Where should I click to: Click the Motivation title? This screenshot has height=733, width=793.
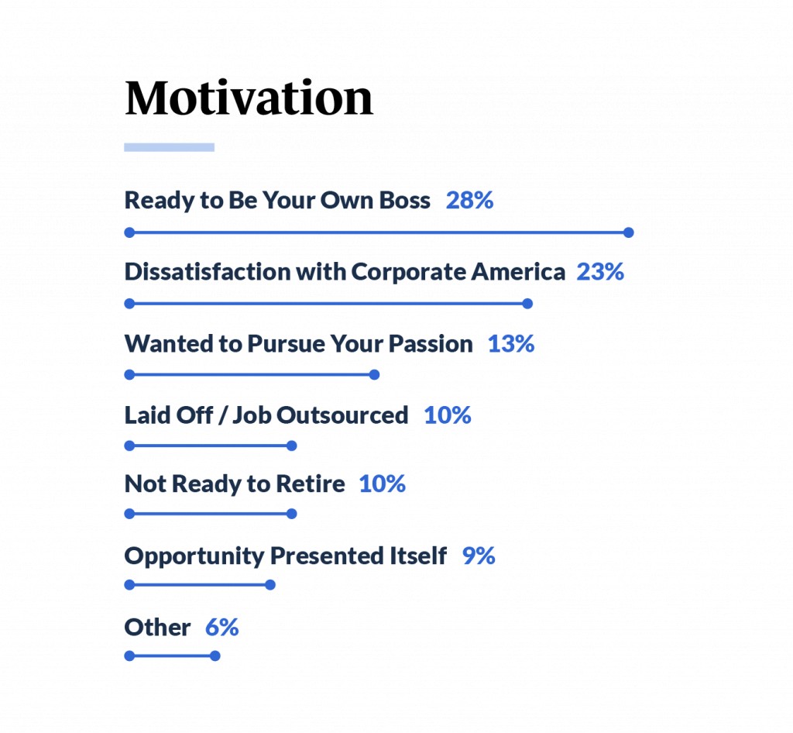pos(249,98)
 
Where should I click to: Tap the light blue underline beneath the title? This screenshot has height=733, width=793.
pos(170,147)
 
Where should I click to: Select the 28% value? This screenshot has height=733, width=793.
pos(469,201)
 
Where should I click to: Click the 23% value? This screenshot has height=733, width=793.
pos(600,272)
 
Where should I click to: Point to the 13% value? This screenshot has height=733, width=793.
pos(511,344)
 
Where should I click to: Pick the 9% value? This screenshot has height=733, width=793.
pos(479,556)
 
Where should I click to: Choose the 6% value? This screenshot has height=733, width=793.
pos(222,628)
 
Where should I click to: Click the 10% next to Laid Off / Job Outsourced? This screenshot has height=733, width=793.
pos(448,415)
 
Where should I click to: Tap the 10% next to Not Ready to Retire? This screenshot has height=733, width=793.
pos(383,484)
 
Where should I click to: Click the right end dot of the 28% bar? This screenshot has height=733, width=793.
pos(629,232)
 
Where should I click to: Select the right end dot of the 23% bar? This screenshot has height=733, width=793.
pos(527,304)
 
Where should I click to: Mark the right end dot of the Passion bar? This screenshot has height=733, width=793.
pos(374,375)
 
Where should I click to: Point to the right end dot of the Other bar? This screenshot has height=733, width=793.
pos(215,656)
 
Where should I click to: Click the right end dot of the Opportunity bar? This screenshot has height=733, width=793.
pos(270,585)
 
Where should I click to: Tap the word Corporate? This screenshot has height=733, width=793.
pos(407,273)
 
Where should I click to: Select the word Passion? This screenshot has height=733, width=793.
pos(431,344)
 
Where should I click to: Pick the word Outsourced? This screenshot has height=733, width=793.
pos(342,415)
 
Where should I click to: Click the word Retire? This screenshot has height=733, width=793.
pos(311,484)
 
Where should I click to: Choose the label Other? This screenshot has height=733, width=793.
pos(157,628)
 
